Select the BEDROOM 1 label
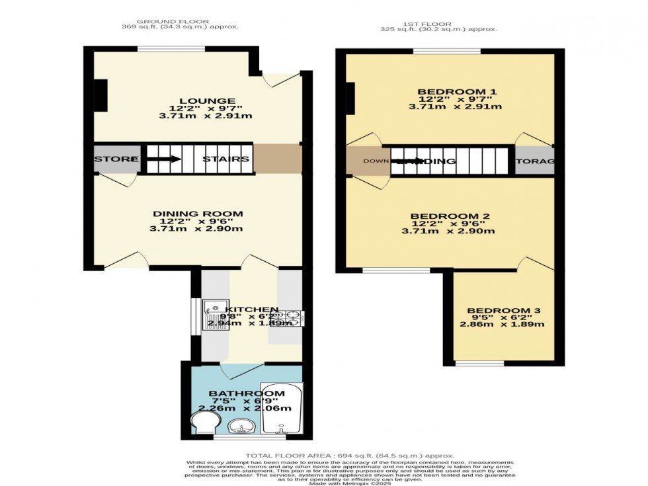click(448, 92)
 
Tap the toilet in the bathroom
click(200, 423)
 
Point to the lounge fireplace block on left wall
click(100, 96)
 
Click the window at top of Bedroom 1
click(447, 51)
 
